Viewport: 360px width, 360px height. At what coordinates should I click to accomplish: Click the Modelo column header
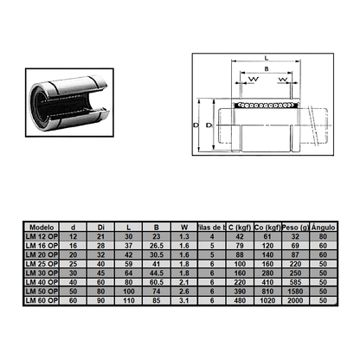coord(42,226)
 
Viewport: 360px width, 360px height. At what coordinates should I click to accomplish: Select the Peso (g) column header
coord(292,226)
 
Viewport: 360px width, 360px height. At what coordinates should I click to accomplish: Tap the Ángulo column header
coord(323,226)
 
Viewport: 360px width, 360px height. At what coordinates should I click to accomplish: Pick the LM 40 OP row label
coord(42,281)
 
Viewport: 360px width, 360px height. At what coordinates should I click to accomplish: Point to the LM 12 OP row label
coord(42,235)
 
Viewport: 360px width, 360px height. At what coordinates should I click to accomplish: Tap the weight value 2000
coord(292,299)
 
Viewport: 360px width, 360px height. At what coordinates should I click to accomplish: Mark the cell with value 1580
coord(292,291)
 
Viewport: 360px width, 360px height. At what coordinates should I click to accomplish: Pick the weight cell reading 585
coord(292,281)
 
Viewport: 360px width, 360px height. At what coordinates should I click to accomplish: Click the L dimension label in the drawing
coord(264,58)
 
